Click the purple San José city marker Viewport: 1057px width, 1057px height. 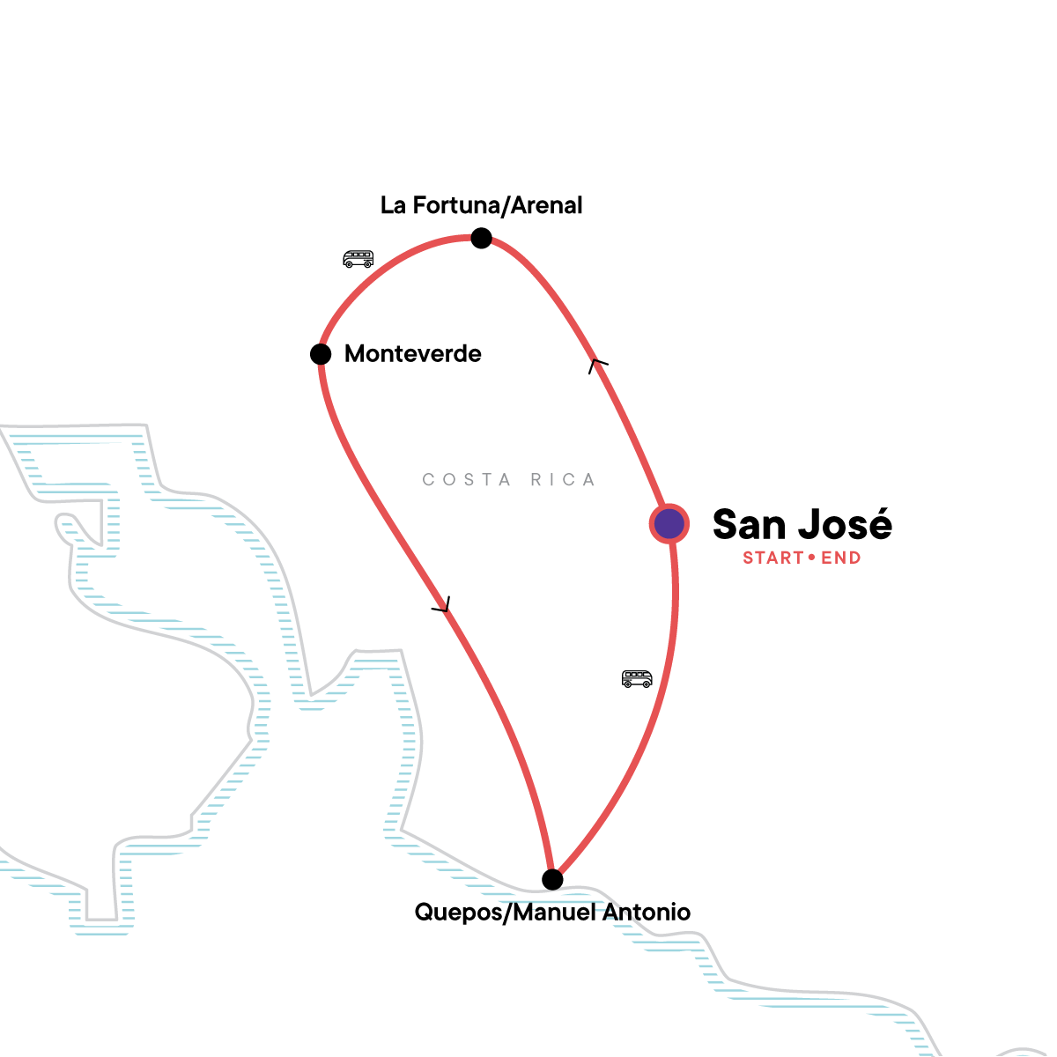coord(669,524)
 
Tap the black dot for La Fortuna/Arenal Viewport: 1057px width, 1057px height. coord(481,238)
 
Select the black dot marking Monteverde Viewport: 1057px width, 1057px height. coord(321,354)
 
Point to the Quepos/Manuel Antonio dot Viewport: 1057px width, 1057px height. coord(552,879)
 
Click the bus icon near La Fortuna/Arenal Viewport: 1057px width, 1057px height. coord(358,259)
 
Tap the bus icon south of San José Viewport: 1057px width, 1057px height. coord(637,679)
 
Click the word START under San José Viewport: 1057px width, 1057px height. coord(773,558)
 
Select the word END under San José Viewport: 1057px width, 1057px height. coord(841,558)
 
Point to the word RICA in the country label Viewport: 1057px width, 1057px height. coord(563,480)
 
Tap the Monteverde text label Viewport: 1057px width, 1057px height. coord(413,354)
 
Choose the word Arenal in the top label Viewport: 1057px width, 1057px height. coord(548,205)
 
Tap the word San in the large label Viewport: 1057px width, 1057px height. coord(749,524)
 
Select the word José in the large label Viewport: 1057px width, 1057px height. coord(846,524)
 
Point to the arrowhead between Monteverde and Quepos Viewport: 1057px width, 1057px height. coord(442,606)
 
